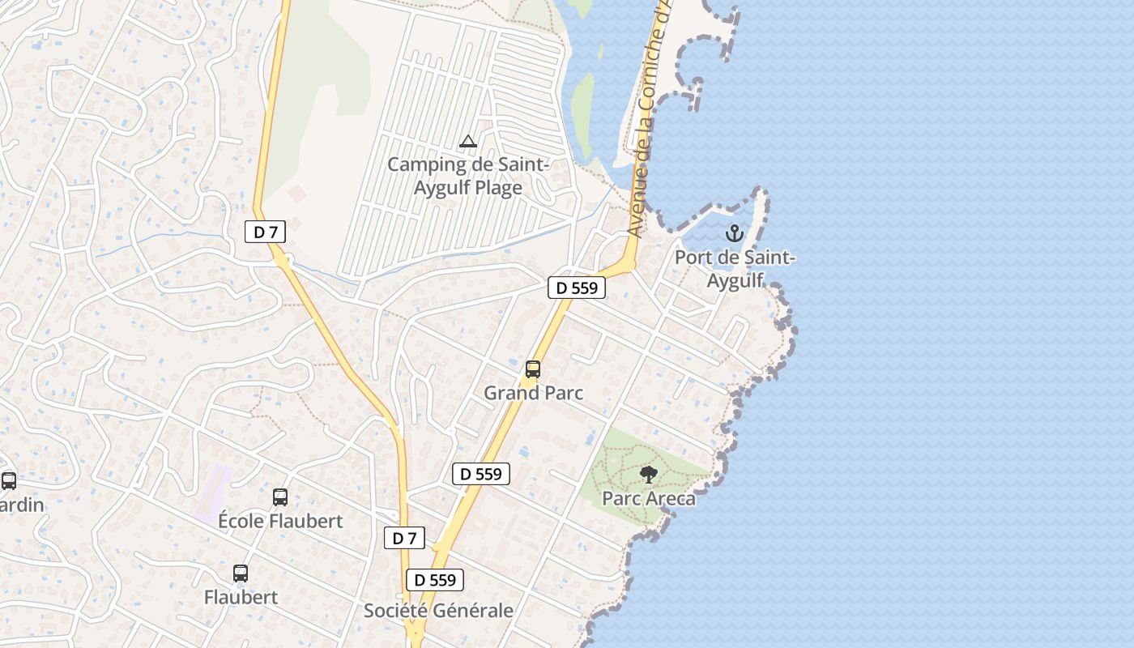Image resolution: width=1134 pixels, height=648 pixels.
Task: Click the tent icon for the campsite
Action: pyautogui.click(x=467, y=142)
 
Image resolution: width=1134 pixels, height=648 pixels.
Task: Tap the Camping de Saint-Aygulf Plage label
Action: pyautogui.click(x=467, y=176)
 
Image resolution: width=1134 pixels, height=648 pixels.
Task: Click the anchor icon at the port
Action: pyautogui.click(x=734, y=233)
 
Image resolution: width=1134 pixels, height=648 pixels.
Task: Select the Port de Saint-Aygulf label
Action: pyautogui.click(x=735, y=269)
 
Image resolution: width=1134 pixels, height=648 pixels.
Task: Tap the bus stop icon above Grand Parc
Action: pyautogui.click(x=532, y=369)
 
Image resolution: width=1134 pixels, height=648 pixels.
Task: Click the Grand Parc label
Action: pyautogui.click(x=533, y=393)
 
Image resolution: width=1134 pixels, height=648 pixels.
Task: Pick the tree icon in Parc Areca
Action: pyautogui.click(x=648, y=475)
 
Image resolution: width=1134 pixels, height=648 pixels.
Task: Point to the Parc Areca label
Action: pyautogui.click(x=648, y=498)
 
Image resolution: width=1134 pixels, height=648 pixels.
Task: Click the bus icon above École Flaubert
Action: pyautogui.click(x=280, y=497)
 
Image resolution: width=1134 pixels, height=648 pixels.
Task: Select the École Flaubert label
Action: pyautogui.click(x=280, y=521)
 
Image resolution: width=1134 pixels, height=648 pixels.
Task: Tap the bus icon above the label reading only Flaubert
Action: pyautogui.click(x=241, y=573)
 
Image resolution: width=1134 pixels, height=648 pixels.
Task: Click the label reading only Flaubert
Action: pyautogui.click(x=241, y=597)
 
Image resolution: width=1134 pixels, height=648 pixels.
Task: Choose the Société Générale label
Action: pyautogui.click(x=438, y=611)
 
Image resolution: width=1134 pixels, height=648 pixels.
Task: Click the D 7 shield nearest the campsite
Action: pyautogui.click(x=266, y=232)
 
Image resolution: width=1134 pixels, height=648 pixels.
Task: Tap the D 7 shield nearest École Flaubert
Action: pyautogui.click(x=404, y=538)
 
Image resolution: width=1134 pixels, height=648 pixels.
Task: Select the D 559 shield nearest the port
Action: pyautogui.click(x=577, y=288)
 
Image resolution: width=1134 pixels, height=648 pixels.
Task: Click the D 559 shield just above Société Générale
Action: pyautogui.click(x=435, y=580)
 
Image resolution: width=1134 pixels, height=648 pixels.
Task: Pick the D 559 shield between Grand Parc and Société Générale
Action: pyautogui.click(x=481, y=474)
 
